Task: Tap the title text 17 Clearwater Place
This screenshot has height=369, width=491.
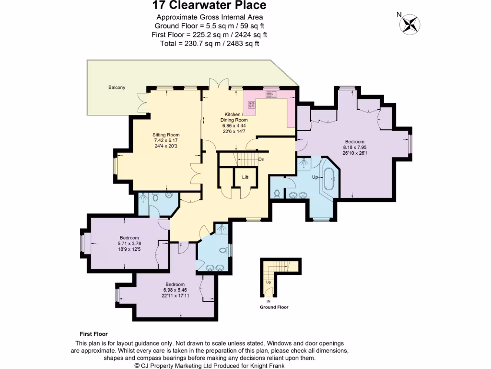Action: pyautogui.click(x=209, y=6)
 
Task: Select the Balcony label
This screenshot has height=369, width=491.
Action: pyautogui.click(x=117, y=87)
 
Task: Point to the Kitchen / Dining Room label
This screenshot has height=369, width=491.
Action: pyautogui.click(x=234, y=117)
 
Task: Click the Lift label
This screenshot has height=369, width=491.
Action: pyautogui.click(x=245, y=177)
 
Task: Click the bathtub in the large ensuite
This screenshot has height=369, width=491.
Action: pyautogui.click(x=330, y=180)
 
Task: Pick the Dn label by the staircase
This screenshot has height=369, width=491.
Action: pyautogui.click(x=261, y=160)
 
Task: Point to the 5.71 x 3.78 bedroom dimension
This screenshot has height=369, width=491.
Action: pyautogui.click(x=129, y=244)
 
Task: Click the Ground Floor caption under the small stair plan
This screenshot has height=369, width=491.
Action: pyautogui.click(x=274, y=307)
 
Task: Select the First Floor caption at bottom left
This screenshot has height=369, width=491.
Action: pyautogui.click(x=94, y=334)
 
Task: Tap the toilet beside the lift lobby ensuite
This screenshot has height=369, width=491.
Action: pyautogui.click(x=278, y=193)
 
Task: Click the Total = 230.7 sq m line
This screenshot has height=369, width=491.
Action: pyautogui.click(x=209, y=43)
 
